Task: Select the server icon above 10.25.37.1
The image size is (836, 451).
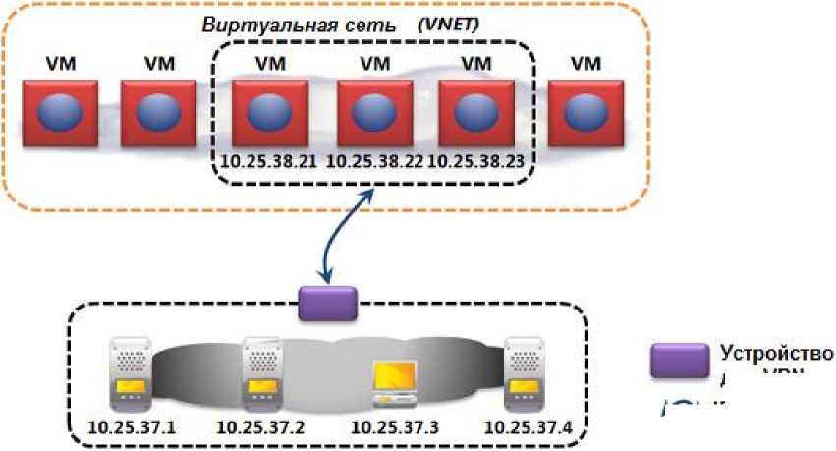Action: tap(132, 375)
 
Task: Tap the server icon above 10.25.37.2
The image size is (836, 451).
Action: tap(259, 375)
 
